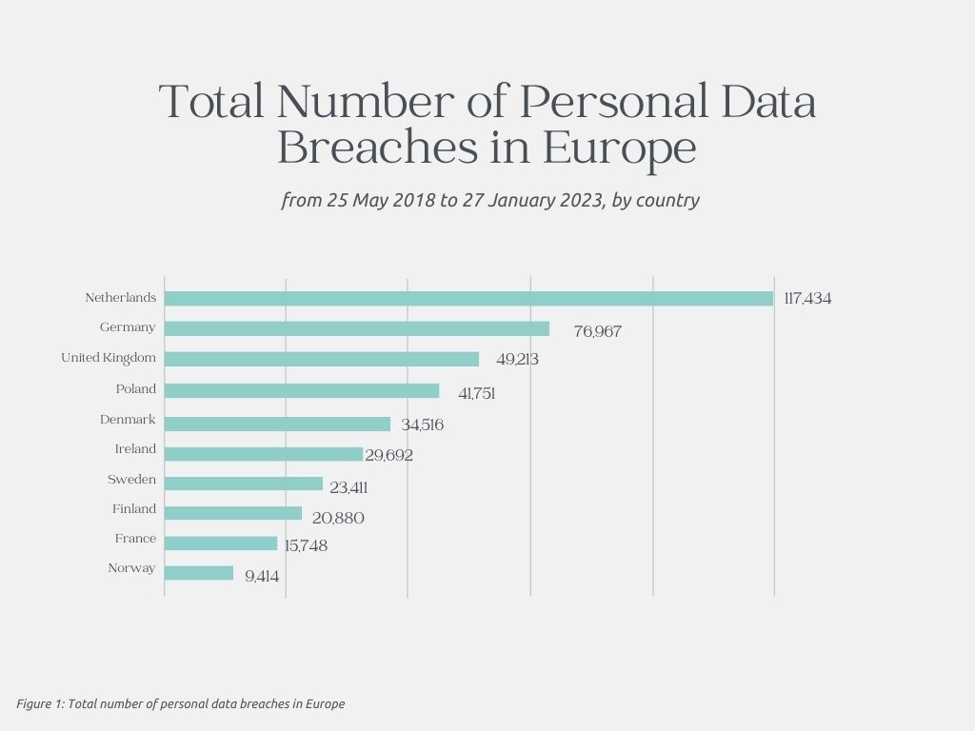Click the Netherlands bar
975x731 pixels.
468,299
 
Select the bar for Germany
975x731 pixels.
357,328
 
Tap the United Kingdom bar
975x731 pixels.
322,359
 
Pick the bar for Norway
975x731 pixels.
199,573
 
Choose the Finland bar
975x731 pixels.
233,513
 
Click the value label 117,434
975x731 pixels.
807,299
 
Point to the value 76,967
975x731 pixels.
597,332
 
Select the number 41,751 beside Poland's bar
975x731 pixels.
477,393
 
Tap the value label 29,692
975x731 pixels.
389,456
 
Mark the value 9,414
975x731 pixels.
262,577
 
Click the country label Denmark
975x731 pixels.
128,420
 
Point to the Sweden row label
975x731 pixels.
131,480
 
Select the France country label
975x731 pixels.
135,539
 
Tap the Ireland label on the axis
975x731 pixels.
135,449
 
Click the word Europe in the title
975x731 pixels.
620,149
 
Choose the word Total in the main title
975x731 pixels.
212,102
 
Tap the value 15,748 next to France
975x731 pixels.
306,546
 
